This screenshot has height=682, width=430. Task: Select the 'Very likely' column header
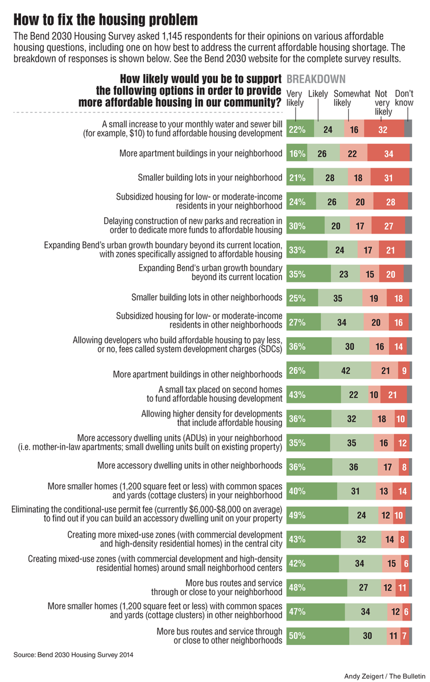point(295,98)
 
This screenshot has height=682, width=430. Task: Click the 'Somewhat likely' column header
point(352,98)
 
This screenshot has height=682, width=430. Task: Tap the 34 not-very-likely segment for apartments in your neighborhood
point(388,153)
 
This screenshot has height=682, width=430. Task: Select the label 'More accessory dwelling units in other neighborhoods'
point(189,465)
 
